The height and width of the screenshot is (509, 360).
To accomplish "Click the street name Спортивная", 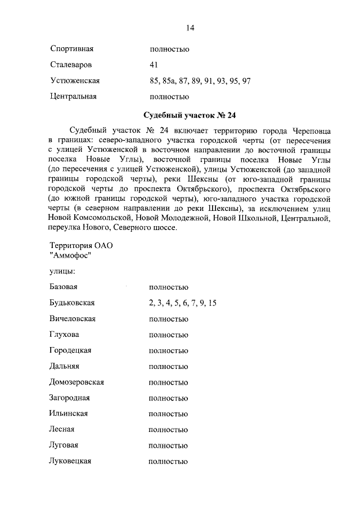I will click(x=71, y=49).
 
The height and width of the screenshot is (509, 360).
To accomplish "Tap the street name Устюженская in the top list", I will click(x=75, y=80).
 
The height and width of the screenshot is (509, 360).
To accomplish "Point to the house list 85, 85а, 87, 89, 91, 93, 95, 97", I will click(x=200, y=80).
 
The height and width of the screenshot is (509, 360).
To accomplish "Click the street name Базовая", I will click(x=64, y=287).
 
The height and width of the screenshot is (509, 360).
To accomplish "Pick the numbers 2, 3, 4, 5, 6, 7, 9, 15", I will click(x=183, y=303).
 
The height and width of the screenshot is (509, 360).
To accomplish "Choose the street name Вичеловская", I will click(x=73, y=319).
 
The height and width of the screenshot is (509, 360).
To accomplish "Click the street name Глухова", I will click(x=65, y=335).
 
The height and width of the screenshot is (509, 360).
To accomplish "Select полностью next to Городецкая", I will click(x=168, y=350).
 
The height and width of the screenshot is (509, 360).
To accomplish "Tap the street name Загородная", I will click(x=70, y=398).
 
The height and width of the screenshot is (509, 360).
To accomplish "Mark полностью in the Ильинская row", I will click(x=168, y=413).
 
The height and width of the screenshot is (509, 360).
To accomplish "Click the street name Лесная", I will click(x=62, y=429).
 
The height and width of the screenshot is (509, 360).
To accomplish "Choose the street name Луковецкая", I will click(x=71, y=461).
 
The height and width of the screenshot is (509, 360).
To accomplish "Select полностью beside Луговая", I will click(x=168, y=445).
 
